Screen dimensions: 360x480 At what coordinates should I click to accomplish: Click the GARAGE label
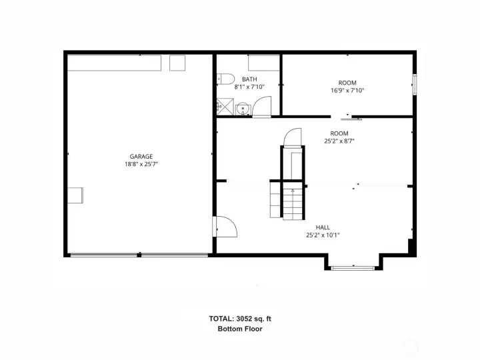(141, 157)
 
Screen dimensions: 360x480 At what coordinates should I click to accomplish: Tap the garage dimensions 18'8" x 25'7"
(141, 164)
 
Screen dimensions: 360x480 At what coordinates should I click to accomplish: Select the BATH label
(250, 79)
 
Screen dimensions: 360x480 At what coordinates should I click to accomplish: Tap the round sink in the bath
(243, 108)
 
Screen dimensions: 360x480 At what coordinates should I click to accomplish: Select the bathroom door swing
(263, 107)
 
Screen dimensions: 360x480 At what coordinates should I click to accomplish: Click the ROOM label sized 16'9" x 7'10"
(347, 83)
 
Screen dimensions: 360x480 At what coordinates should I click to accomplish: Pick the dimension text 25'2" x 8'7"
(339, 141)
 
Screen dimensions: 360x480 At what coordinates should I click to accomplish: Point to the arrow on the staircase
(293, 191)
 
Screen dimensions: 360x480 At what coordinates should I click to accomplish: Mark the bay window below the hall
(353, 268)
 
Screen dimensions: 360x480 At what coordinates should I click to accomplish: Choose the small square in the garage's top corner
(177, 63)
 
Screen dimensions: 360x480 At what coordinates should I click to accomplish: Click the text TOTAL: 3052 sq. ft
(240, 319)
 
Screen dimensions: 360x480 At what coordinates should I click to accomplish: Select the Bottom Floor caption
(240, 329)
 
